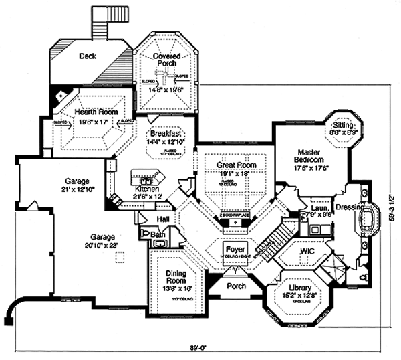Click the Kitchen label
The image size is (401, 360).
[148, 189]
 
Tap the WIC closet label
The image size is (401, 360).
[307, 251]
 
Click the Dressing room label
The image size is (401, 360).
[351, 207]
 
